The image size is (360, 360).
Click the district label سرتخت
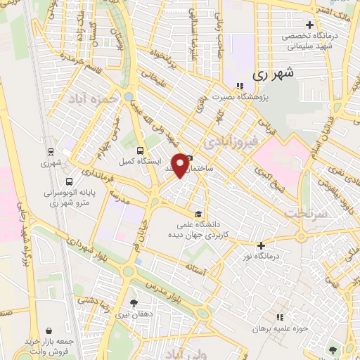tap(304, 211)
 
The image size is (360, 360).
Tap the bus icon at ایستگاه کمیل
tap(140, 150)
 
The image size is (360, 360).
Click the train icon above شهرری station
tap(51, 152)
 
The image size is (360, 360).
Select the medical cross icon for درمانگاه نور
tap(261, 246)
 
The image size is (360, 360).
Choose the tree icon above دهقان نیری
tap(134, 303)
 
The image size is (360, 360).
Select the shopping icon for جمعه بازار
tap(48, 330)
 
